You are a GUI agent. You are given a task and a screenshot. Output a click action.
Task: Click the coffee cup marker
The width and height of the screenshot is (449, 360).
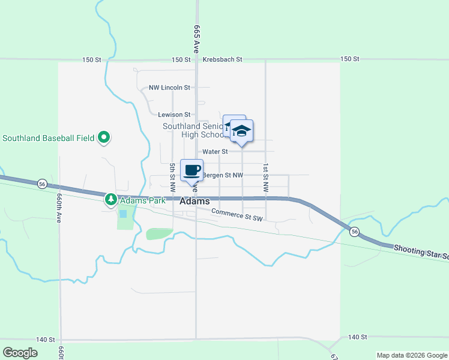point(191,170)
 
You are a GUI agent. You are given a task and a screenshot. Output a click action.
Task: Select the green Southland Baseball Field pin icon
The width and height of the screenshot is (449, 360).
point(104,138)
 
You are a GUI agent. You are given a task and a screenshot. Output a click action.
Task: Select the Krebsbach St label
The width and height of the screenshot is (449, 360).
point(222,59)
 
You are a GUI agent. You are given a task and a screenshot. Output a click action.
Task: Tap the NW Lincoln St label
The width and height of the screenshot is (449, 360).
point(169,88)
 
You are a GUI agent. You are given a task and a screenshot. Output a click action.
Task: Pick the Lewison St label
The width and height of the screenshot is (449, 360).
point(174,115)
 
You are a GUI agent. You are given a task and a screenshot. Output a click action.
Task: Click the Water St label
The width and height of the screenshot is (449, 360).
point(215,152)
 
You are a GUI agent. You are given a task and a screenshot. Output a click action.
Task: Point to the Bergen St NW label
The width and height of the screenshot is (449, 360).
point(223,175)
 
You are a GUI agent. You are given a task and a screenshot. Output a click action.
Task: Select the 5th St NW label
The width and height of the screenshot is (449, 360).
point(172,178)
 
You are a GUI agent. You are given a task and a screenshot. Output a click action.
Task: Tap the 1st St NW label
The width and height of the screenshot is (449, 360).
point(264,178)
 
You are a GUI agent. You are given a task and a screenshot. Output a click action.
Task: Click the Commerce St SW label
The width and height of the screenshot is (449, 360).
point(237,214)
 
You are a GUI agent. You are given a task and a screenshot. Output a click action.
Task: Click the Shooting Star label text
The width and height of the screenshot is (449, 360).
point(420,252)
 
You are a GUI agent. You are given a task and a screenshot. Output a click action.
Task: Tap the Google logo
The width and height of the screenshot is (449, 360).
point(20,352)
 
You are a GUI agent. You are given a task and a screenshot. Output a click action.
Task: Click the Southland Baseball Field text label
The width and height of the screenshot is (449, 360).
point(49,138)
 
